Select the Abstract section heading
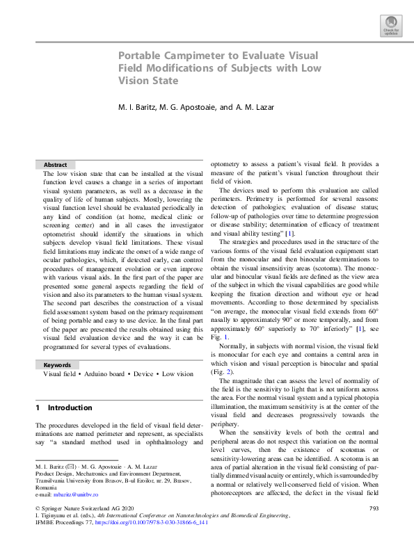pyautogui.click(x=55, y=165)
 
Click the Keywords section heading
pyautogui.click(x=57, y=364)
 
